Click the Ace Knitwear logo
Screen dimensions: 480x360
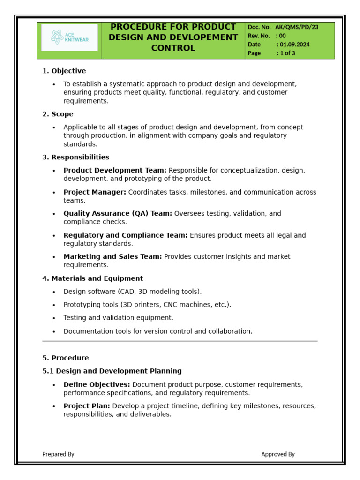pyautogui.click(x=69, y=37)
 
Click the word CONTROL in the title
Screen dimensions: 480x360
pyautogui.click(x=173, y=48)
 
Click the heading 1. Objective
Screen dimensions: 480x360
pyautogui.click(x=64, y=71)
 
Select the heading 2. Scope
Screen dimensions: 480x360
pyautogui.click(x=58, y=114)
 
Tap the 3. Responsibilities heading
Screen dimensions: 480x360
pyautogui.click(x=75, y=157)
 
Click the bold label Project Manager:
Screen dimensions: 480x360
pyautogui.click(x=95, y=192)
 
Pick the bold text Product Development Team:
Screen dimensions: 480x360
pyautogui.click(x=115, y=171)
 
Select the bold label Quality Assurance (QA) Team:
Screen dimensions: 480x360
pyautogui.click(x=118, y=214)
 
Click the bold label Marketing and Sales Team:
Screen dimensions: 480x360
pyautogui.click(x=112, y=257)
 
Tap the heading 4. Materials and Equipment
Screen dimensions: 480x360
pyautogui.click(x=92, y=278)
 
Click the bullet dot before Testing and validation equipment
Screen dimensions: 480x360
pyautogui.click(x=54, y=318)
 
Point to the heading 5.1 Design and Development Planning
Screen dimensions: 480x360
pyautogui.click(x=112, y=371)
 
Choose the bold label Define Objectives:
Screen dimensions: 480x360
pyautogui.click(x=97, y=385)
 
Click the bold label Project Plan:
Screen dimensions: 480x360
pyautogui.click(x=87, y=406)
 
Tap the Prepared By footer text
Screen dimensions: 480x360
pyautogui.click(x=58, y=454)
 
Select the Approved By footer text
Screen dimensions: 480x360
pyautogui.click(x=278, y=454)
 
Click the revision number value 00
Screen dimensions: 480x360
pyautogui.click(x=282, y=36)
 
